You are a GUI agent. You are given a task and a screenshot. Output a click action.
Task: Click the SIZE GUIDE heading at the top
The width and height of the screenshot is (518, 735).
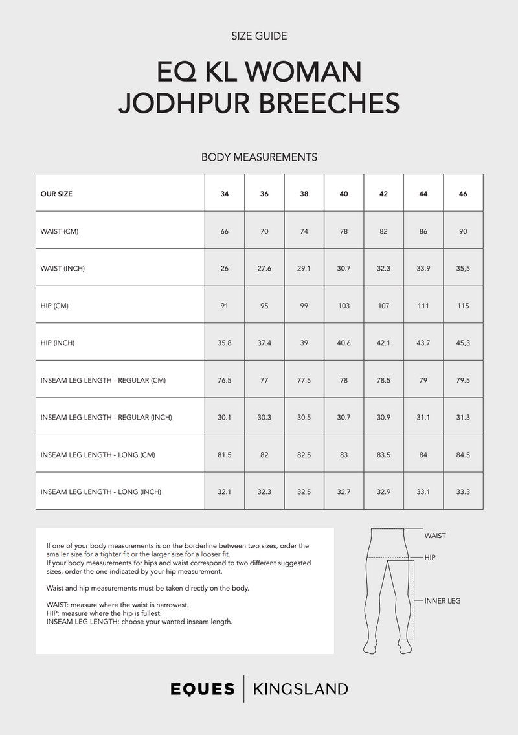click(x=259, y=36)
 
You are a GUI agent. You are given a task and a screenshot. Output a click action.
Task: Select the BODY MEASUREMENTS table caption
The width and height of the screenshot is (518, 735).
click(x=259, y=157)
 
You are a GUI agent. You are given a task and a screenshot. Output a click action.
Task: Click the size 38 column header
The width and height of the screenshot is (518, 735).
click(x=304, y=194)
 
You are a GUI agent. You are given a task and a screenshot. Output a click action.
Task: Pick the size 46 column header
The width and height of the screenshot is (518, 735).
click(x=463, y=194)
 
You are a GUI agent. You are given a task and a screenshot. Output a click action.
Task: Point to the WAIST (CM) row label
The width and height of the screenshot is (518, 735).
click(x=60, y=231)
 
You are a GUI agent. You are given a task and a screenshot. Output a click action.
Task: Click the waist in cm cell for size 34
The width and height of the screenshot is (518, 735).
click(x=225, y=231)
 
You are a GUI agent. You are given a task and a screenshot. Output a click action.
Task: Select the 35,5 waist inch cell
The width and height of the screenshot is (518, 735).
click(x=463, y=269)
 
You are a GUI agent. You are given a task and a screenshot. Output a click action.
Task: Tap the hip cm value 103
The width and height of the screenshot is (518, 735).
click(x=344, y=306)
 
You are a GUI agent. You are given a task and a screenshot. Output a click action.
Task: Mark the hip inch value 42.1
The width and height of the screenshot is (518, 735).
click(x=383, y=343)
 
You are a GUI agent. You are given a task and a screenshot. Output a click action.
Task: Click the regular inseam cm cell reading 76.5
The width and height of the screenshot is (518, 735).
click(x=225, y=380)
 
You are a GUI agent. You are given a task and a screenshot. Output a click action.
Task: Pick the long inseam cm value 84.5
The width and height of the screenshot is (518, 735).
click(x=463, y=455)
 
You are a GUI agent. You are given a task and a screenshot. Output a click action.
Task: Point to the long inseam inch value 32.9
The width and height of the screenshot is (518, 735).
click(x=383, y=492)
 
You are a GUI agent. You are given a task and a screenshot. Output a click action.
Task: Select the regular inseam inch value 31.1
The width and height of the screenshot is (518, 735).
click(x=423, y=418)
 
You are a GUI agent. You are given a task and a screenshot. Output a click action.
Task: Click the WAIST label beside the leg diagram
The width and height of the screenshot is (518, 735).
click(x=435, y=536)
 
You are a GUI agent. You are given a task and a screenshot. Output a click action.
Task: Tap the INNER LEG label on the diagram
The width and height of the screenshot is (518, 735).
click(x=442, y=601)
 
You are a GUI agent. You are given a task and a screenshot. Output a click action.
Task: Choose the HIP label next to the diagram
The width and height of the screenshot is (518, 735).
click(x=431, y=557)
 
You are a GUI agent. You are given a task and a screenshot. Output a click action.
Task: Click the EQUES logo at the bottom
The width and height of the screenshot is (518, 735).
click(x=203, y=690)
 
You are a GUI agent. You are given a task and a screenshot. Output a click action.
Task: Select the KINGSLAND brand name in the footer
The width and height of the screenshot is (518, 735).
click(x=300, y=690)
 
